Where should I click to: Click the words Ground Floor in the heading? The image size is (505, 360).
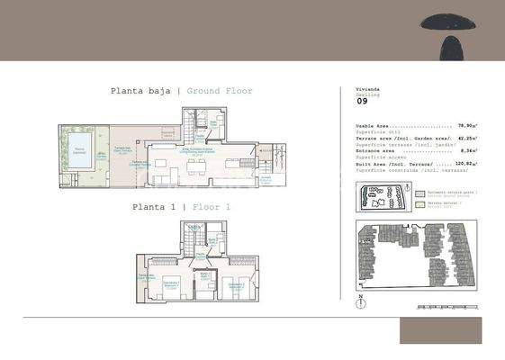click(220, 91)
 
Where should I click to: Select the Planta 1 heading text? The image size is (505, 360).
click(155, 207)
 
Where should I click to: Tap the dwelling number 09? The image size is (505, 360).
click(363, 113)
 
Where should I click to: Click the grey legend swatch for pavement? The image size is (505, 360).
click(420, 193)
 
